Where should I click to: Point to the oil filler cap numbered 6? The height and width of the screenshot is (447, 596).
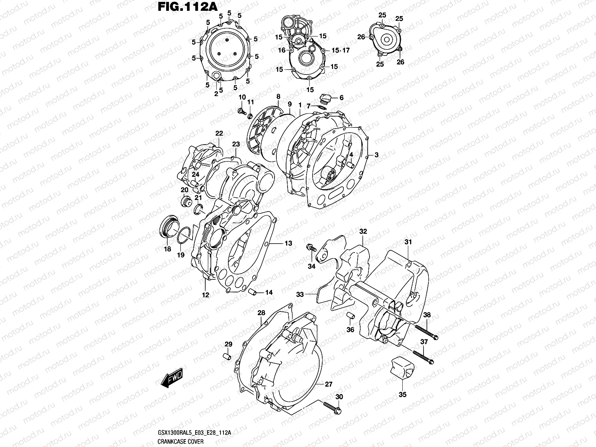325,98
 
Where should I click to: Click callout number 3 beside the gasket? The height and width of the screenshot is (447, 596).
377,155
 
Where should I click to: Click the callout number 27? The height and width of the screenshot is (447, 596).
328,384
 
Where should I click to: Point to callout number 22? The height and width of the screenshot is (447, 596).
219,133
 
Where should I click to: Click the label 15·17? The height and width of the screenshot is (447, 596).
341,50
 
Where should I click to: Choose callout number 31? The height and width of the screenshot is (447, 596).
408,242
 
